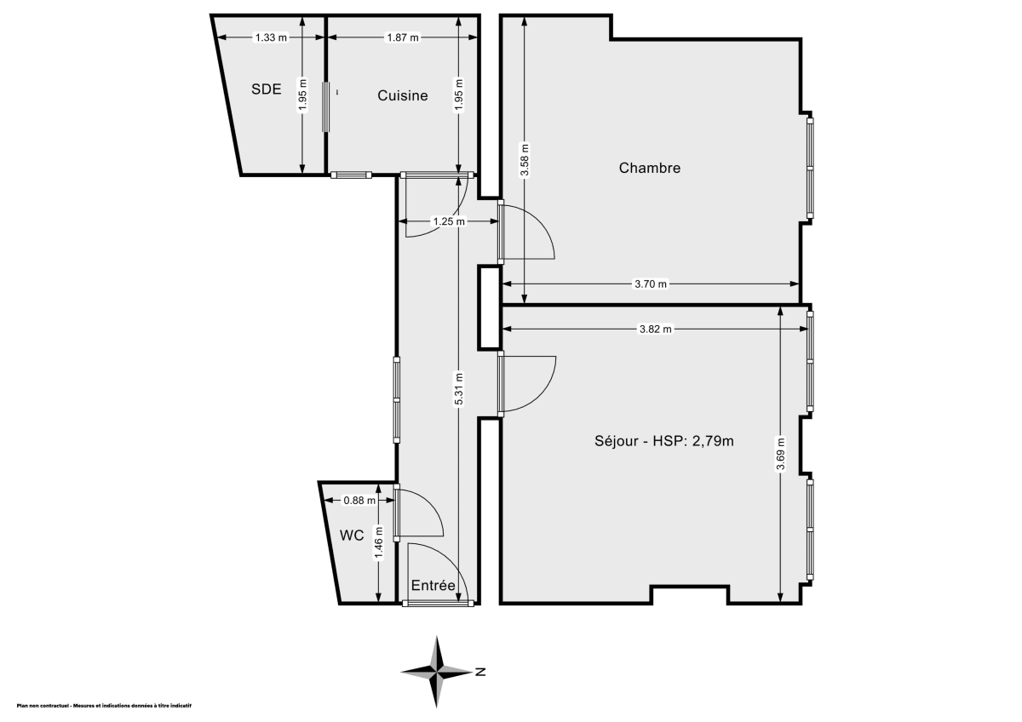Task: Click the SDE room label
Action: click(266, 89)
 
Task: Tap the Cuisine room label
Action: click(402, 96)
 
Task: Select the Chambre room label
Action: click(649, 168)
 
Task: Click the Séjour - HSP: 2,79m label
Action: click(664, 441)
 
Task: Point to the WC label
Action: click(352, 536)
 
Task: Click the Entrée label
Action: click(433, 586)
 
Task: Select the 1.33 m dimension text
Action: click(271, 37)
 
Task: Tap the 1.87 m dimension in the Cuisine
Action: click(402, 37)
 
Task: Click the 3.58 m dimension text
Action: click(524, 158)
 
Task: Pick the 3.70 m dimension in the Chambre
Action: click(651, 284)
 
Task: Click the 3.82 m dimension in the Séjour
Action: click(655, 329)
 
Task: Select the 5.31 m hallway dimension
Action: click(459, 389)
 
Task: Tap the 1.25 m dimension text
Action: click(448, 222)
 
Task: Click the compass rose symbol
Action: click(437, 672)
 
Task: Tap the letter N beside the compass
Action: click(481, 672)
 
